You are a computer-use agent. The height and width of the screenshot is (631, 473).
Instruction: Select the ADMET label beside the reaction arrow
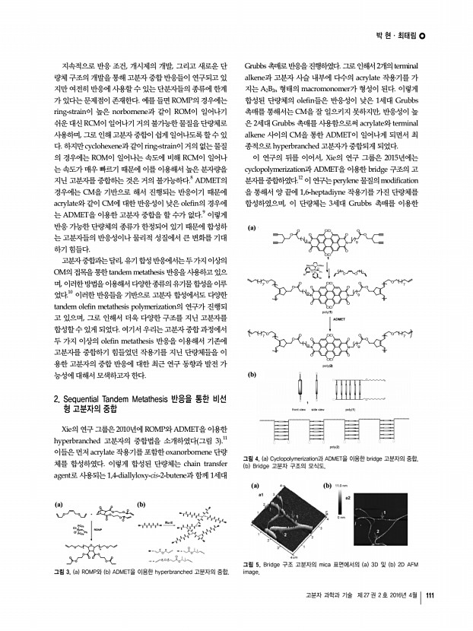click(341, 319)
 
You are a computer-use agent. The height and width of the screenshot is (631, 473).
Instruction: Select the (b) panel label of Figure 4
click(252, 375)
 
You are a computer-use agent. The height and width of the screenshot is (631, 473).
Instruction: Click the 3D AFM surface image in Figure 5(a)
click(281, 522)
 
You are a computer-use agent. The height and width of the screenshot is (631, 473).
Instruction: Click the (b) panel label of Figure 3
click(140, 503)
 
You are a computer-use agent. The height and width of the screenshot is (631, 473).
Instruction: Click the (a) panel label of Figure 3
click(58, 503)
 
